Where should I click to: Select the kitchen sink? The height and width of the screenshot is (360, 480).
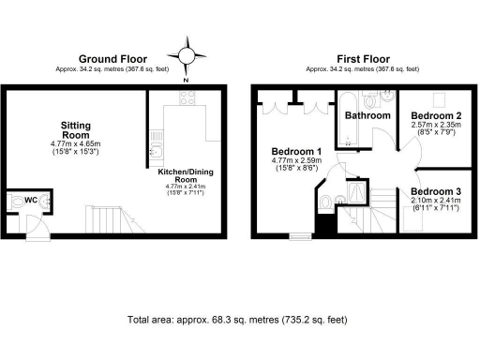tap(157, 150)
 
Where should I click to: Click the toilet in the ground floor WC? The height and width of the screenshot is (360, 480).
tap(16, 201)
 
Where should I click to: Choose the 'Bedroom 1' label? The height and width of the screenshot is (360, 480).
tap(296, 152)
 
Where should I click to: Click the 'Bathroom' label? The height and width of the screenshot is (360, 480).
tap(367, 116)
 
